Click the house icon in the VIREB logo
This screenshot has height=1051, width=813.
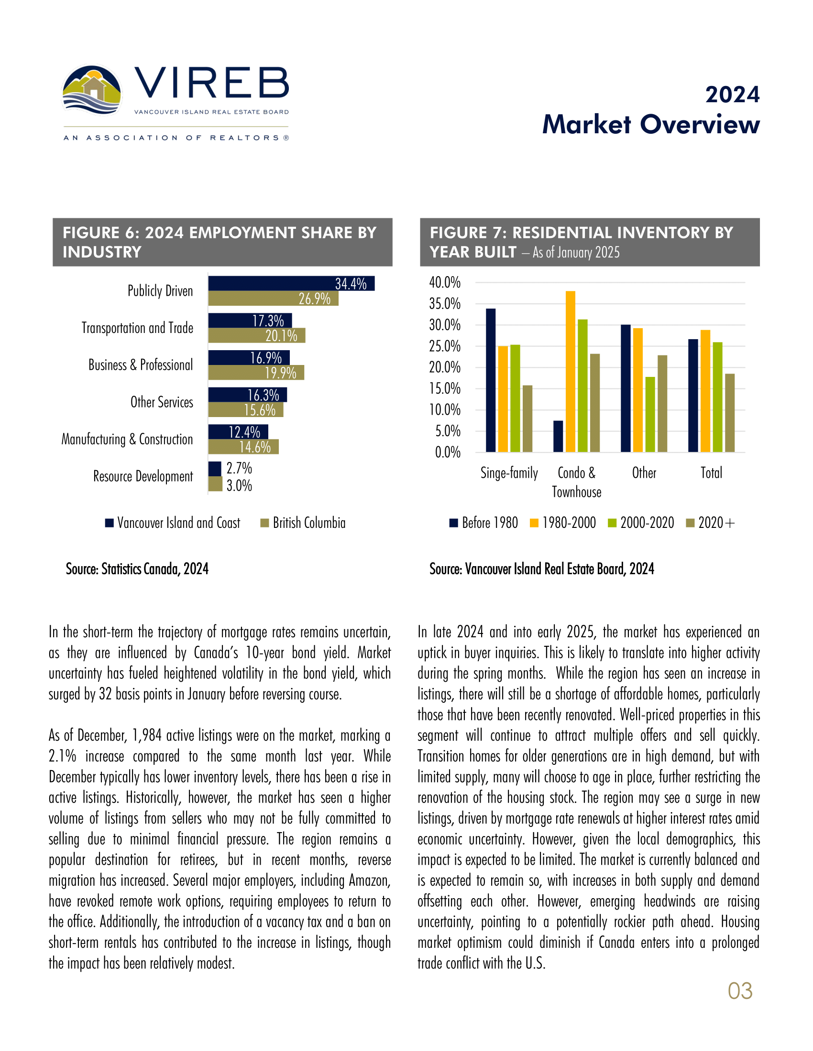93,88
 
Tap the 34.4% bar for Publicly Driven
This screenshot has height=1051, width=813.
291,283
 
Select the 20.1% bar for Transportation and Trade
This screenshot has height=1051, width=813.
256,335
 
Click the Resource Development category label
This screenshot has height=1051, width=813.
143,476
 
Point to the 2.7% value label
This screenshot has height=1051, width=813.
240,468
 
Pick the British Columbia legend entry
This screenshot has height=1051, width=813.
303,523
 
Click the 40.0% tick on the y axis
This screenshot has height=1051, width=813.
445,282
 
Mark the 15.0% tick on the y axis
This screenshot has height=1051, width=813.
445,389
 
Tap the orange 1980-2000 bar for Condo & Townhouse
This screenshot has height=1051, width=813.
570,372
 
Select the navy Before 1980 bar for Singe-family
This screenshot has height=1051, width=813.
490,380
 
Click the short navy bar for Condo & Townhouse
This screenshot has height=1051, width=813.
558,437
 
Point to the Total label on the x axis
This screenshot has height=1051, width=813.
711,473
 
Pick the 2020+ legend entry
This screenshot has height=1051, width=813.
711,523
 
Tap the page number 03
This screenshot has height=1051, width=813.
740,991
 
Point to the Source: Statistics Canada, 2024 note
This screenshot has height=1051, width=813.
137,569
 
